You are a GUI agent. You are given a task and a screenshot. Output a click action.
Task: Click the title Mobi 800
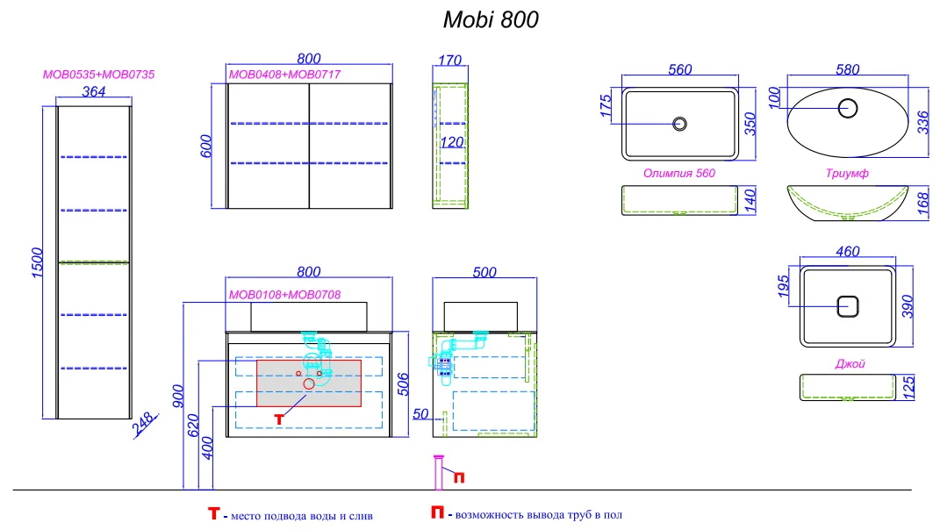(x=491, y=19)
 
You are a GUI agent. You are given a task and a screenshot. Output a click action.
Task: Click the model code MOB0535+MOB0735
(x=99, y=75)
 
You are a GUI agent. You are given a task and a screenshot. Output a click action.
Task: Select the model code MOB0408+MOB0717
(x=285, y=75)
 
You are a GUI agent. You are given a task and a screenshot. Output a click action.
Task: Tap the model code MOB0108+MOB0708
(x=285, y=295)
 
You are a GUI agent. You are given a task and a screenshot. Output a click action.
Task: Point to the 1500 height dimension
(x=37, y=262)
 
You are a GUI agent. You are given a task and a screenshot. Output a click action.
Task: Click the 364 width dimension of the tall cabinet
(x=93, y=91)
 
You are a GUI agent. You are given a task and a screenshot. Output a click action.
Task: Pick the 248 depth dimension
(x=145, y=424)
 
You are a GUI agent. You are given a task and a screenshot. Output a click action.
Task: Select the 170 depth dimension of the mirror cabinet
(x=450, y=60)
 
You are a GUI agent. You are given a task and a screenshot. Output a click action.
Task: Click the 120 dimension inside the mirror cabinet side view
(x=452, y=142)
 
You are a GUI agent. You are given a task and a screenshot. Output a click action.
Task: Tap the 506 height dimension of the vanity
(x=403, y=384)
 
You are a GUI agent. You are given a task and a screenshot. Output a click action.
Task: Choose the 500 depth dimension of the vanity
(x=484, y=272)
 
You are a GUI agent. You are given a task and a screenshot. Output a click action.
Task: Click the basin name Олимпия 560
(x=679, y=173)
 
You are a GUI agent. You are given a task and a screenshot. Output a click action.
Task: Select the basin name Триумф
(x=847, y=173)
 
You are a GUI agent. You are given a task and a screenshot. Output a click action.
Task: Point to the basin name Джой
(x=850, y=363)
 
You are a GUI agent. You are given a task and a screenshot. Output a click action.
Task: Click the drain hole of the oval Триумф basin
(x=847, y=108)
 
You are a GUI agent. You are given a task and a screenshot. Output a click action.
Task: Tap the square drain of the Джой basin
(x=847, y=306)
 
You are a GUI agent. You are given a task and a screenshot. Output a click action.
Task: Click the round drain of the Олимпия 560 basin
(x=679, y=124)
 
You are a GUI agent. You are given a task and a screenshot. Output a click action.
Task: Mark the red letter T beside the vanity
(x=279, y=419)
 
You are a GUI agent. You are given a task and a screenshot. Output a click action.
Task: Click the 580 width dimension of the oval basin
(x=847, y=69)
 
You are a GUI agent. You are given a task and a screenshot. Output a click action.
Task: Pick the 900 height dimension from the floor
(x=178, y=396)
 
